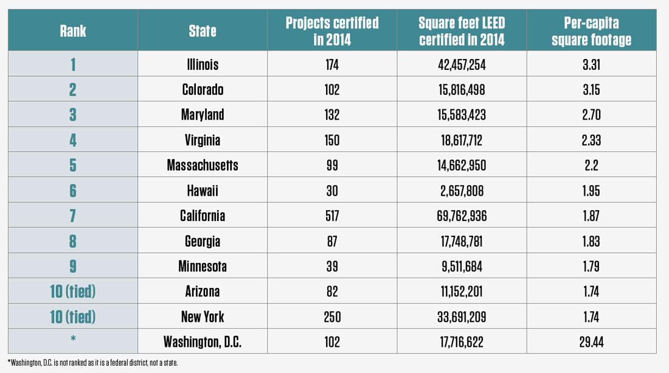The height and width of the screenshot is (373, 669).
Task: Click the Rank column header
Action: (72, 31)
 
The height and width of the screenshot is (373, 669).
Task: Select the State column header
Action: (203, 31)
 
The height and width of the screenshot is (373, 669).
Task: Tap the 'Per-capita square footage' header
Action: (591, 31)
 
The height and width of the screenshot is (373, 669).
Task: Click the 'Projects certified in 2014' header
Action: (332, 31)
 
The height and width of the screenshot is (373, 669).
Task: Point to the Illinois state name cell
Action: (203, 64)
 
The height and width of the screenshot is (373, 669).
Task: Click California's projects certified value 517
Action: (332, 216)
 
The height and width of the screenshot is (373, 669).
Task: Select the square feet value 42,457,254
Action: (462, 64)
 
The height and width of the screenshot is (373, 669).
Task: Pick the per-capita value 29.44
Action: (591, 342)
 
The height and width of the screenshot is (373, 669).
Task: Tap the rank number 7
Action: (72, 216)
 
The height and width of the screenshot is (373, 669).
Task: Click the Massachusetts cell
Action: (203, 165)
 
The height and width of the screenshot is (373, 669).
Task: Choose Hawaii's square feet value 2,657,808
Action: (462, 191)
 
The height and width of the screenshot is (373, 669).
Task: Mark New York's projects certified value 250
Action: (332, 317)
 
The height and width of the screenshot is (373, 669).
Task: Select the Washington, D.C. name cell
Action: (203, 342)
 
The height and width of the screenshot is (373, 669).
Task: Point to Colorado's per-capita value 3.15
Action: (591, 89)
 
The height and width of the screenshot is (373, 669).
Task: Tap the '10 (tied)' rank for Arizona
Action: (72, 292)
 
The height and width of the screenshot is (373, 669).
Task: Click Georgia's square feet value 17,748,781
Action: (462, 241)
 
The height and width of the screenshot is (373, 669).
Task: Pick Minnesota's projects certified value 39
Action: (332, 266)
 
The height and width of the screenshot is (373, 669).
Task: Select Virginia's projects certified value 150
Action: (332, 140)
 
